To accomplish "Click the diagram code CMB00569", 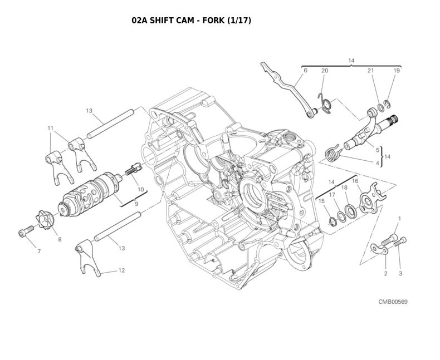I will [393, 302].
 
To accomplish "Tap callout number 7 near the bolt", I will [39, 251].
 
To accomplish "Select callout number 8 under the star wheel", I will [60, 239].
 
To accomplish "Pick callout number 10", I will [140, 189].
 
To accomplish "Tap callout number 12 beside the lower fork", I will [121, 270].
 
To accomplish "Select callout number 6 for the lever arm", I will [305, 71].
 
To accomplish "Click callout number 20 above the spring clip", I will [325, 71].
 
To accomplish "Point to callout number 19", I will [397, 71].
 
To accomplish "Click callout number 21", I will [371, 71].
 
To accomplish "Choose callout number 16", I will [355, 181].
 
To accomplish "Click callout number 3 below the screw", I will [400, 273].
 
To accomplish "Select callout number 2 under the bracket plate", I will [385, 273].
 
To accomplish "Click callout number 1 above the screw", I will [399, 219].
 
